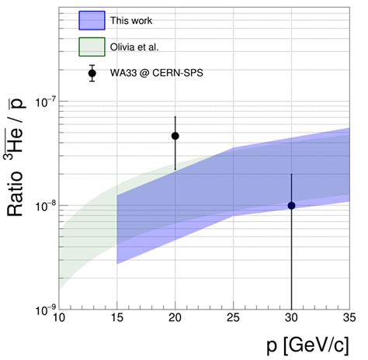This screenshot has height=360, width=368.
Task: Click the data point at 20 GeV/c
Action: [x=175, y=136]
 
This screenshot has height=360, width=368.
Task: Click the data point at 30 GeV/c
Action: [x=291, y=206]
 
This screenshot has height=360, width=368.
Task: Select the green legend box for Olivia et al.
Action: [x=96, y=48]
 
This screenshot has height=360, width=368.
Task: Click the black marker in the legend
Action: [x=92, y=74]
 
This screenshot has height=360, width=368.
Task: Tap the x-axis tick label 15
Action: [x=116, y=319]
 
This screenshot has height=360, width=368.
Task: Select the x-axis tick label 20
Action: [x=175, y=319]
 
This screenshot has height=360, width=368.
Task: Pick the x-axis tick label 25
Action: [x=234, y=319]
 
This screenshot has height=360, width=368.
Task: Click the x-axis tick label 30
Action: [x=291, y=319]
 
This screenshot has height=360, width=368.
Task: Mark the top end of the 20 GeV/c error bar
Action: [x=175, y=117]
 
